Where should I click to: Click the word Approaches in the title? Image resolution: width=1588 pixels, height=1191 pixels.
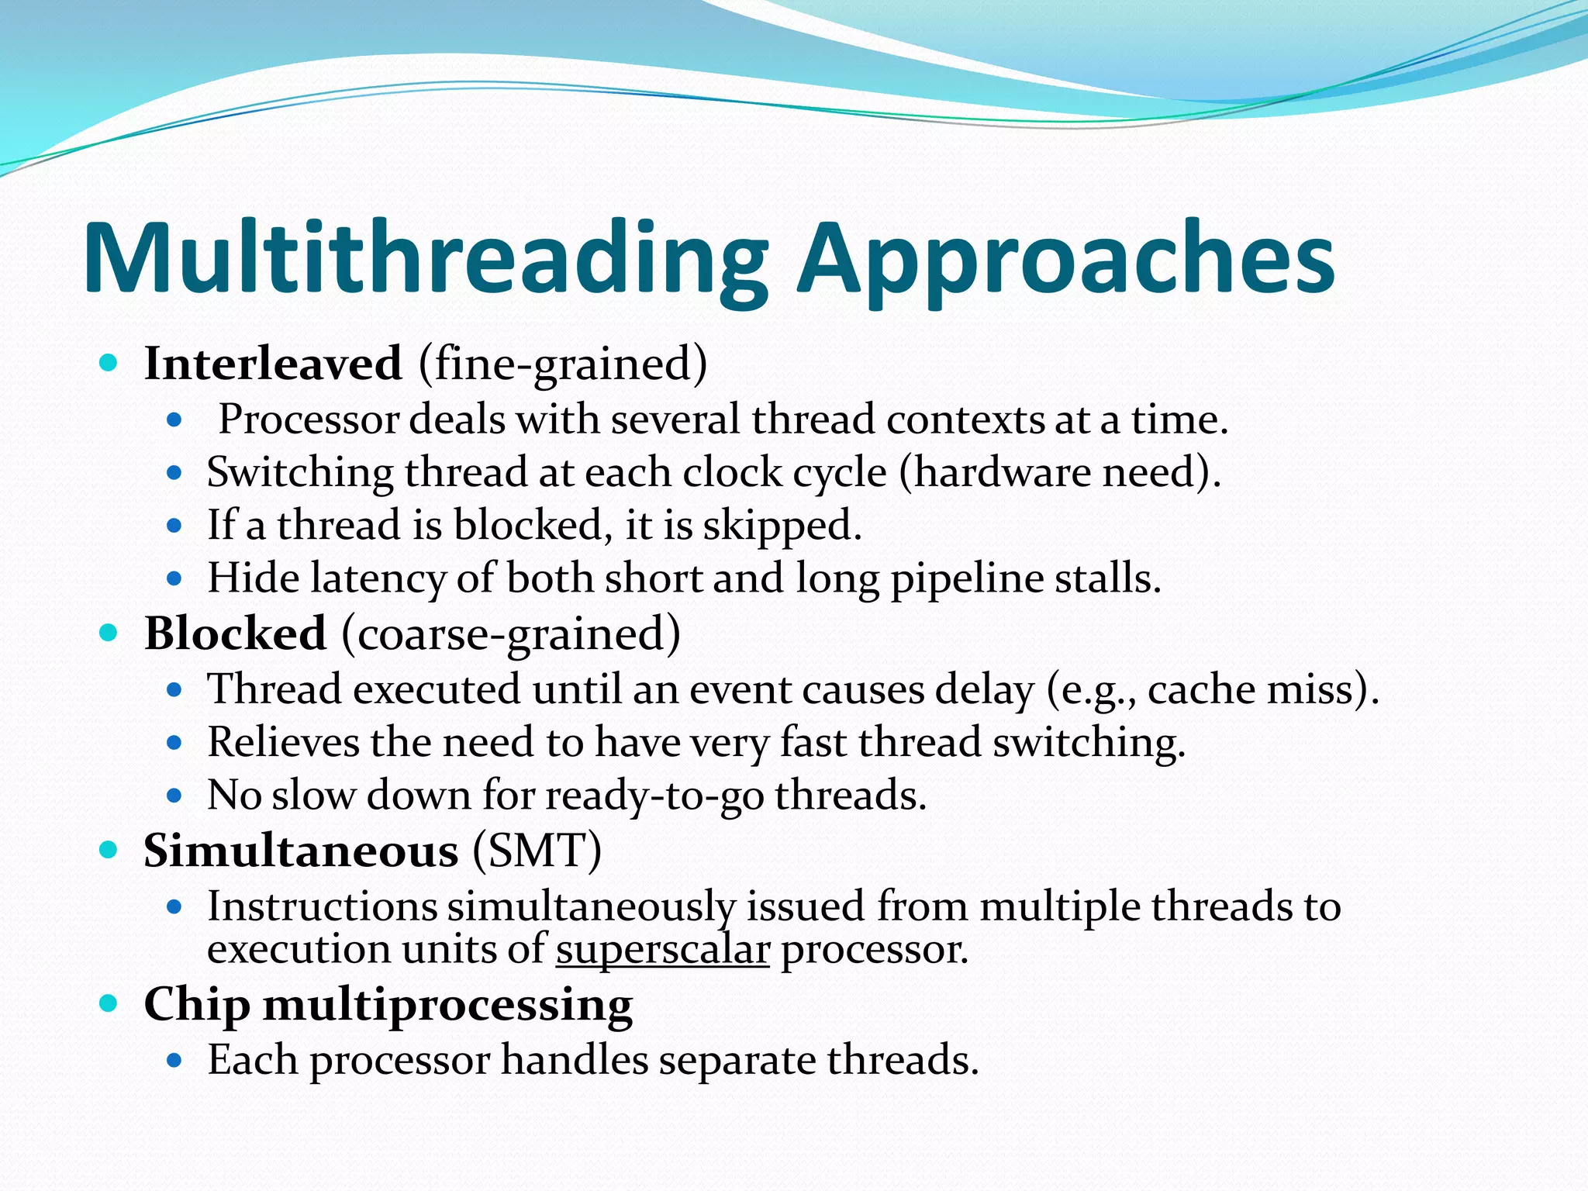(x=1066, y=260)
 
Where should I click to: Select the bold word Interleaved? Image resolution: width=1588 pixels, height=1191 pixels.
(x=273, y=363)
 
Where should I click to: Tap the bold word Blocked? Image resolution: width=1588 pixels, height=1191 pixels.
(x=235, y=633)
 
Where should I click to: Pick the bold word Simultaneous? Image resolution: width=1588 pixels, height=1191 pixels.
(x=301, y=851)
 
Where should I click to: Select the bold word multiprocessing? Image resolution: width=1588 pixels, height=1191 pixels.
(x=447, y=1005)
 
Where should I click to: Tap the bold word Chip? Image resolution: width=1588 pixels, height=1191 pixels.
(x=197, y=1005)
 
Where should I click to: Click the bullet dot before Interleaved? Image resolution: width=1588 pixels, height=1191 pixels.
(x=109, y=362)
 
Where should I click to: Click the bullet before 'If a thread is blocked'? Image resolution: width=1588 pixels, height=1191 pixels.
(x=174, y=526)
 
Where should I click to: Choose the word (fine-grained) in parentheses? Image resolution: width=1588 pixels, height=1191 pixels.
(x=563, y=363)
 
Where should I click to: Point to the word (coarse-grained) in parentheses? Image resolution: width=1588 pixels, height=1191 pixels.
(x=511, y=633)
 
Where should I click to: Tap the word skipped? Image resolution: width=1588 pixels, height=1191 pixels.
(x=782, y=526)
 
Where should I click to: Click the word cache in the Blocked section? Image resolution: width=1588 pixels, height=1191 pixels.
(x=1201, y=689)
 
